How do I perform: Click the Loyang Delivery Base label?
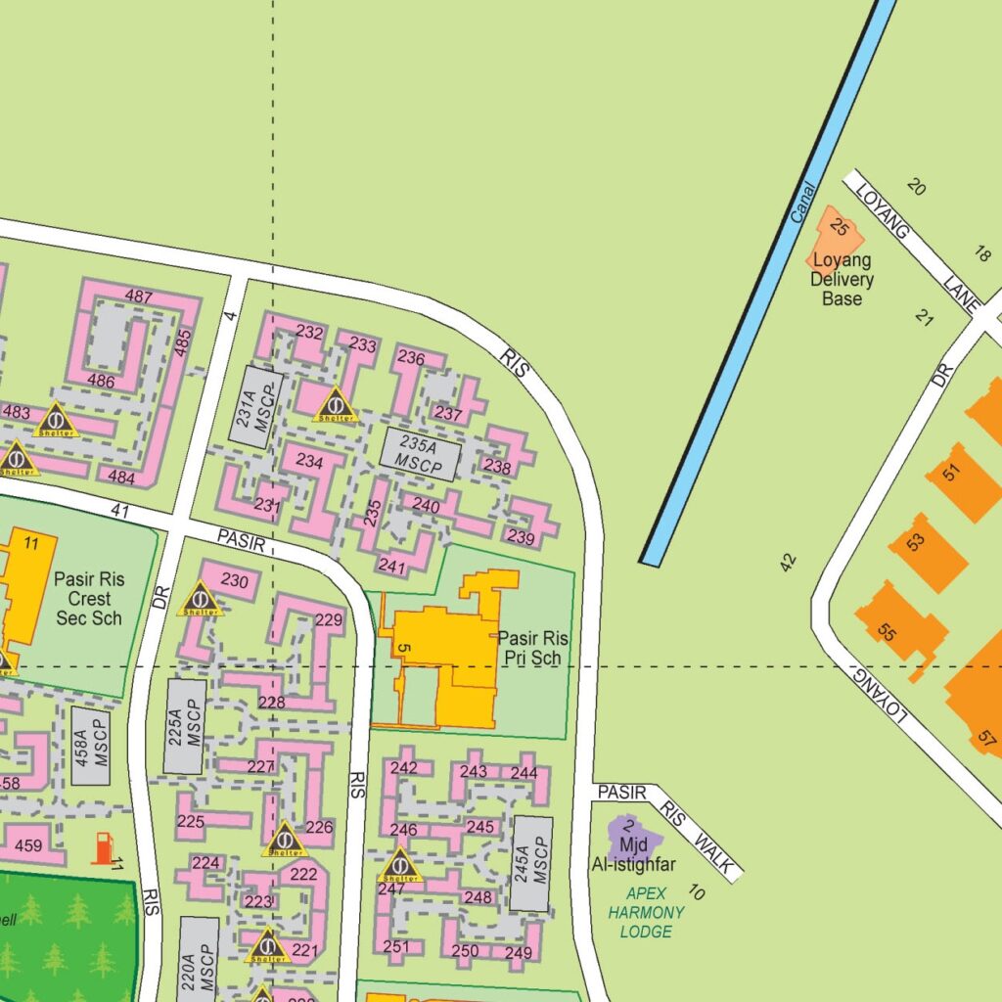(x=842, y=280)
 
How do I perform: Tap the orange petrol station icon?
(x=103, y=847)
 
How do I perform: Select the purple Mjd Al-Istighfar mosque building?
(x=633, y=838)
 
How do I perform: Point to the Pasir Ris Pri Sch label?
(x=532, y=648)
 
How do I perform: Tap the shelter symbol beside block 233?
(x=336, y=404)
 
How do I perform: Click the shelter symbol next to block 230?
(x=200, y=598)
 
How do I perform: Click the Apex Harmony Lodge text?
(x=647, y=912)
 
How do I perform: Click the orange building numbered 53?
(x=926, y=552)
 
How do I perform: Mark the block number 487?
(x=139, y=296)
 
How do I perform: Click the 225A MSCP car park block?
(x=185, y=726)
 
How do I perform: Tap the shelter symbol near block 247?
(x=399, y=865)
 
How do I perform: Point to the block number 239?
(x=521, y=537)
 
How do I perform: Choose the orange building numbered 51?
(x=961, y=480)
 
